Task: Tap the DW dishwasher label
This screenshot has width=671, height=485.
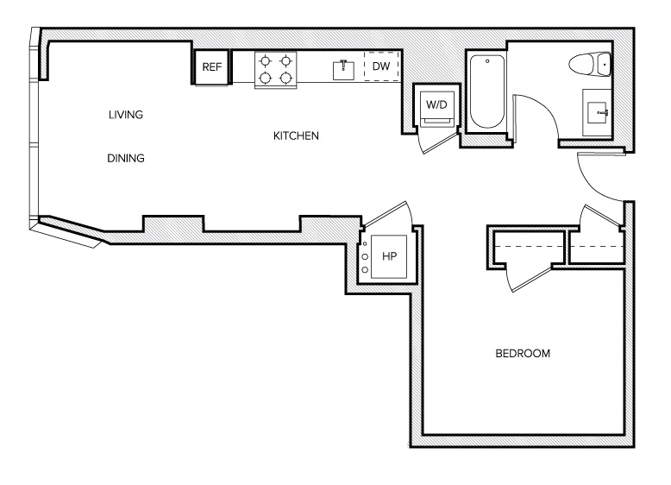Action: point(381,66)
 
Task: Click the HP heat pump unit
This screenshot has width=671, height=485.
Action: point(388,256)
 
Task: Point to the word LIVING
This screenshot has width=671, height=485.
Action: point(125,115)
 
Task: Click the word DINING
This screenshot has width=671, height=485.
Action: point(125,159)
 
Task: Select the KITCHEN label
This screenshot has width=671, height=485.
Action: point(297,136)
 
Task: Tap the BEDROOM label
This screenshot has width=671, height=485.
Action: point(523,354)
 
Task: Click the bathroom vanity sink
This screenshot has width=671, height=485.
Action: point(599,111)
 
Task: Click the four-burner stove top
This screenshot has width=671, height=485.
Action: point(276,69)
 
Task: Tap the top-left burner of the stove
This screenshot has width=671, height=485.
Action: point(266,60)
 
